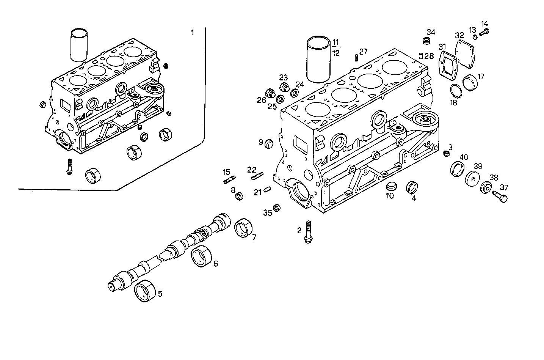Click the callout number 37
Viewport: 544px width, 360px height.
tap(504, 187)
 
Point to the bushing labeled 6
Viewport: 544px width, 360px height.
tap(201, 256)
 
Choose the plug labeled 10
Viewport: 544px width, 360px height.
tap(390, 186)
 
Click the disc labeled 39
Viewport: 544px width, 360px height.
tap(472, 179)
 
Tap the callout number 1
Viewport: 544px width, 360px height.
tap(192, 33)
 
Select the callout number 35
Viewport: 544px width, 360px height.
tap(268, 213)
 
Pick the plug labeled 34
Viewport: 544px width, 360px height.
tap(426, 40)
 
